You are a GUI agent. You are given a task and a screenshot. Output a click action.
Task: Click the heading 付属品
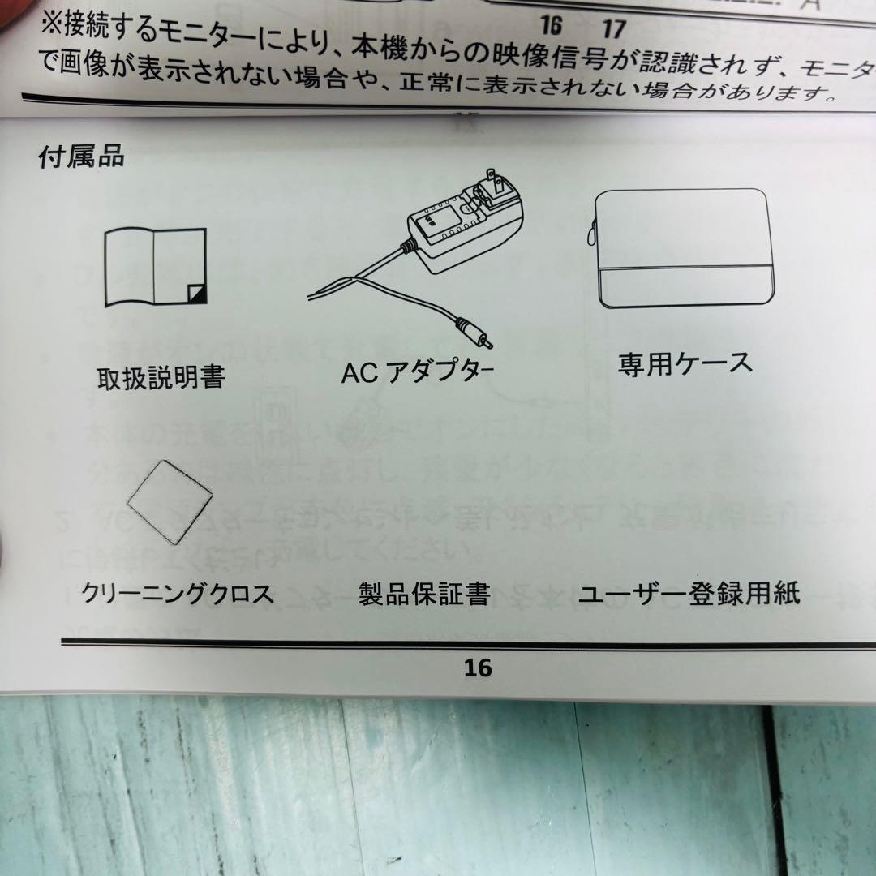point(82,157)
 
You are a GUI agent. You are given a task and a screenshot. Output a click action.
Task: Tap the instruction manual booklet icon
point(155,268)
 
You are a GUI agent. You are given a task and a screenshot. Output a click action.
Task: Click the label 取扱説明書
point(161,378)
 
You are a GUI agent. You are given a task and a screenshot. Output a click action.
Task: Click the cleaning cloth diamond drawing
point(171,503)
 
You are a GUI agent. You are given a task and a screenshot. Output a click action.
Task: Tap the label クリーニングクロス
point(178,595)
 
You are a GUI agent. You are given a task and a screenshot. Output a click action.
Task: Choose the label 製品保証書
point(424,595)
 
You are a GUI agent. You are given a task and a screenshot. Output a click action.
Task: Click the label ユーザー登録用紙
point(689,593)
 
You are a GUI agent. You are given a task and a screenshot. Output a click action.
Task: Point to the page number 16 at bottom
point(478,668)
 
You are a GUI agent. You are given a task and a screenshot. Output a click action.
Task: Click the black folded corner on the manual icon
point(197,294)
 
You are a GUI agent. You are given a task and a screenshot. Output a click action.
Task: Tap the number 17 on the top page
point(614,28)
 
